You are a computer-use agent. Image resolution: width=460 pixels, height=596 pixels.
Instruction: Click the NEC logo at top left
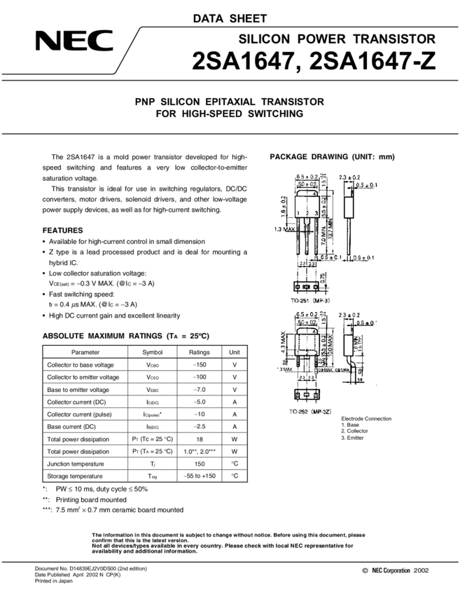[74, 42]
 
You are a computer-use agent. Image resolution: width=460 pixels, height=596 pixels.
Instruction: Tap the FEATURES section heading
[63, 230]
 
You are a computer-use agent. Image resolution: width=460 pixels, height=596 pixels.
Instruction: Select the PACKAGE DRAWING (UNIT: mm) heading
[333, 157]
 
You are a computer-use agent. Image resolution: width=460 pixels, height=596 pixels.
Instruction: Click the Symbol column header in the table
[152, 352]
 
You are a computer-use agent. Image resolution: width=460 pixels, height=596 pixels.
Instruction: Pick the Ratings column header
[199, 352]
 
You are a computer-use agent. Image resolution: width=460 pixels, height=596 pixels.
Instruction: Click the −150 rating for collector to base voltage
[199, 365]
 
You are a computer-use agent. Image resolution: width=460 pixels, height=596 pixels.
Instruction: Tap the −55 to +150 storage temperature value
[199, 476]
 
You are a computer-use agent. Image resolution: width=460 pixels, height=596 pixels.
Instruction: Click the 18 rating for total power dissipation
[199, 439]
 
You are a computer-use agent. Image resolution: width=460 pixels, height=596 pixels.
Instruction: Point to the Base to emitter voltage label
[78, 389]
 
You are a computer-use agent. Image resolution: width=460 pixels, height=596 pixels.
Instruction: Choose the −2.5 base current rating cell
[199, 426]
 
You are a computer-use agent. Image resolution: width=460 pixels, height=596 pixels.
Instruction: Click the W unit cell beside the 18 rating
[235, 439]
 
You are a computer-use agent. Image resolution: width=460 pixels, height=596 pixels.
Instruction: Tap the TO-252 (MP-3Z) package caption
[312, 411]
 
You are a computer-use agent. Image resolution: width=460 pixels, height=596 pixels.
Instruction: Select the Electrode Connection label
[366, 419]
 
